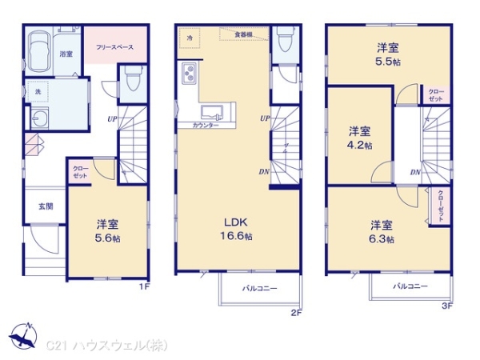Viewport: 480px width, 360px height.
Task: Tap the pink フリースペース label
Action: click(115, 47)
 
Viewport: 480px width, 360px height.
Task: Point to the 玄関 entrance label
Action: click(46, 206)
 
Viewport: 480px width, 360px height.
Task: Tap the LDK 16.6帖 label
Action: click(238, 236)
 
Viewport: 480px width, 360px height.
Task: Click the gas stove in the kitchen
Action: click(190, 74)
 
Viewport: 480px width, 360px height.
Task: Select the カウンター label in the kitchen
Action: click(206, 126)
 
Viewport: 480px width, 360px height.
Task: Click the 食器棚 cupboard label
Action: click(243, 34)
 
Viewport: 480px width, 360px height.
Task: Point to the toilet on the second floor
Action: click(284, 40)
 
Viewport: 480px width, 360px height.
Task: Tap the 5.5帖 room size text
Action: click(390, 59)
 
